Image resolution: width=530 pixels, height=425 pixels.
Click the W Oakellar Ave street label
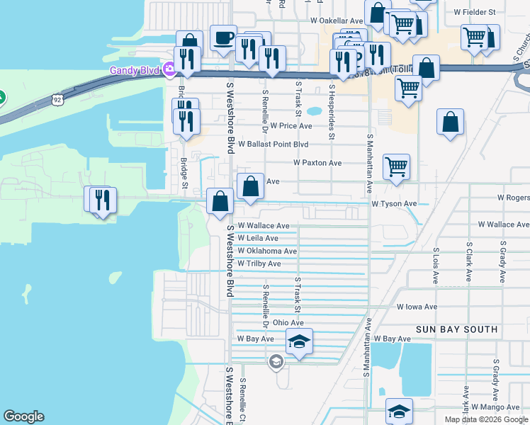[337, 21]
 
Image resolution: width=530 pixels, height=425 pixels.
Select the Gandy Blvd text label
[135, 70]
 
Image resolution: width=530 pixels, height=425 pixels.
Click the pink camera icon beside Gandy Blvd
[169, 69]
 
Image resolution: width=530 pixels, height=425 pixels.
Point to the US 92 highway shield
[57, 101]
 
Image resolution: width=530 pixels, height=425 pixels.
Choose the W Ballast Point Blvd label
[274, 144]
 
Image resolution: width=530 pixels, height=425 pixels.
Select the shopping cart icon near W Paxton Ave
[396, 166]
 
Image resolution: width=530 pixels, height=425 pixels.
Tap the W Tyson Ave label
[395, 203]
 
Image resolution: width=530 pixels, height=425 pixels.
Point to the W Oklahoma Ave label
[267, 251]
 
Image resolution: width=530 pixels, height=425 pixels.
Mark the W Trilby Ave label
[259, 263]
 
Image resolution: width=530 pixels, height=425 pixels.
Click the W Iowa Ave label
[417, 307]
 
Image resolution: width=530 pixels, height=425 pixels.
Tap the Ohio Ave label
[288, 322]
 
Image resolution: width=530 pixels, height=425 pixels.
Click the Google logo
[23, 416]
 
